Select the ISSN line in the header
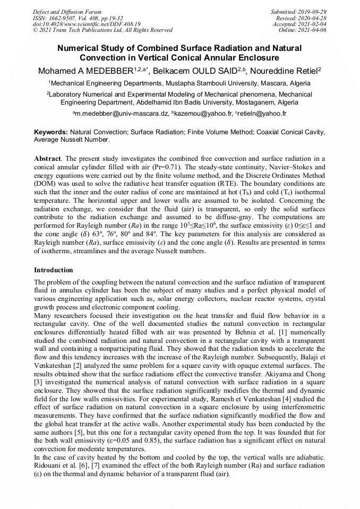click(78, 18)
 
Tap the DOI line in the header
click(86, 24)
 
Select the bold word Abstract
click(47, 159)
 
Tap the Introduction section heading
click(54, 270)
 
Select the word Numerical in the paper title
click(78, 48)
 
